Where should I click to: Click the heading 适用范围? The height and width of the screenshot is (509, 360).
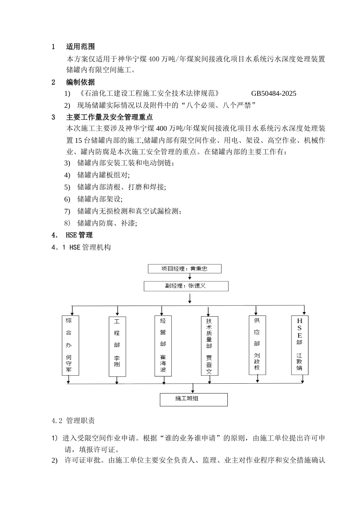point(80,47)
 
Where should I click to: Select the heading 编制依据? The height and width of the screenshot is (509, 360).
point(80,82)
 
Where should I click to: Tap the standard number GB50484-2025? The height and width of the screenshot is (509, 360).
point(274,94)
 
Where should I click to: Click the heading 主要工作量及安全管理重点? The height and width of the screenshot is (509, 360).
point(110,117)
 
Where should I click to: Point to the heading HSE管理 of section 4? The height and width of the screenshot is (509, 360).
point(79,235)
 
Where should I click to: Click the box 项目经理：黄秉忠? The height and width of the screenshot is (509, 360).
point(184,269)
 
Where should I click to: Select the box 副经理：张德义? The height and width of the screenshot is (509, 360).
point(186,286)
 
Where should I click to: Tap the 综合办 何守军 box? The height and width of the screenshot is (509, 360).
point(70,345)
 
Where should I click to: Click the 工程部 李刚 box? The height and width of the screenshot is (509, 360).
point(117,346)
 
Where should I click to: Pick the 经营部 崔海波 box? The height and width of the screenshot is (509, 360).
point(163,346)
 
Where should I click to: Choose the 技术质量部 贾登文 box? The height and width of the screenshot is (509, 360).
point(209,346)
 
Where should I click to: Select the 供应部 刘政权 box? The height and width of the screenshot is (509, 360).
point(257,345)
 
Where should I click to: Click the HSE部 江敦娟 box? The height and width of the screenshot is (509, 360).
point(300,345)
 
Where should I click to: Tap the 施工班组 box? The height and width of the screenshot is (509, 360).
point(194,400)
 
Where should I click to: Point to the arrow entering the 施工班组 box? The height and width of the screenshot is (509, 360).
point(193,389)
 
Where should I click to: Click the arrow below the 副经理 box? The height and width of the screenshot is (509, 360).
point(189,298)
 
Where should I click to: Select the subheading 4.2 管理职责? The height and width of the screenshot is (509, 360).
point(73,421)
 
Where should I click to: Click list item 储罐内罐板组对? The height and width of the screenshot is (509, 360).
point(103,175)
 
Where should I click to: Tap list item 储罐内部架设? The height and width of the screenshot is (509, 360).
point(100,199)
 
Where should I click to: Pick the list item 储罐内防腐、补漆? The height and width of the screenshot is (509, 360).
point(107,223)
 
